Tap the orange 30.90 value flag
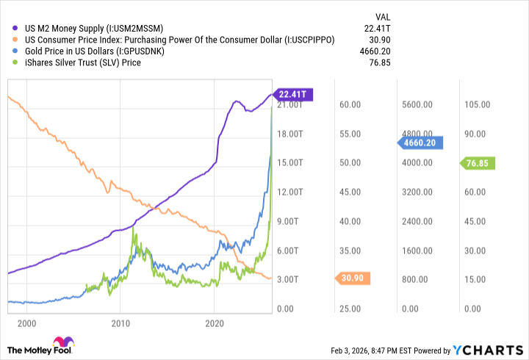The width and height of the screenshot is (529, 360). tap(355, 278)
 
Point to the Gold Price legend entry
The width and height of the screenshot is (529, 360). tap(93, 51)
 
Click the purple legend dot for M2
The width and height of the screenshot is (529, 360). tap(16, 29)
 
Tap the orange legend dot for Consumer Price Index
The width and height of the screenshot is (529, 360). tap(16, 40)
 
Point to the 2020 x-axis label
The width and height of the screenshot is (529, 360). tap(214, 323)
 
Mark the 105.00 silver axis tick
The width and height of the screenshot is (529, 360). tap(476, 105)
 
